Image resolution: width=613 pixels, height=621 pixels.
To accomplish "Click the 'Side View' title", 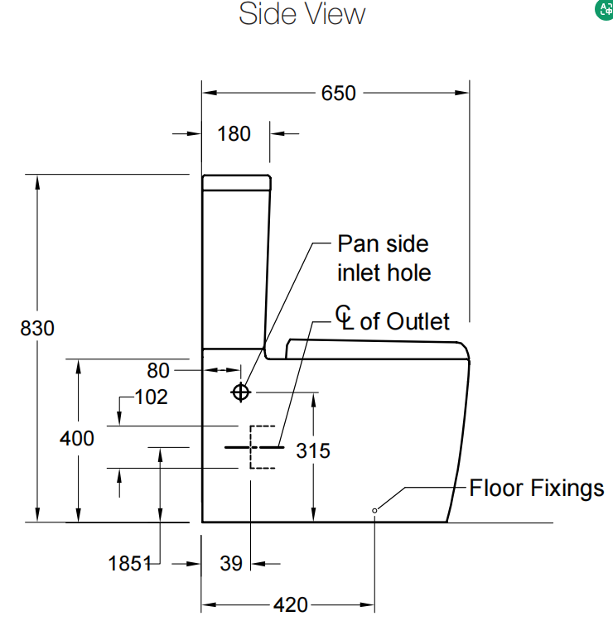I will click(302, 14).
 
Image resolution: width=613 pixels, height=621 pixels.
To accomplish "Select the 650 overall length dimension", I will click(338, 93).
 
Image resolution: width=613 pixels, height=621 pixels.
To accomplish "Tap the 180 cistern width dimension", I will click(234, 133).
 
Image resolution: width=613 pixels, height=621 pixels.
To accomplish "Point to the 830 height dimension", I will click(36, 328).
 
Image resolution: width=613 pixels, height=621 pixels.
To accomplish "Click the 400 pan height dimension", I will click(76, 438).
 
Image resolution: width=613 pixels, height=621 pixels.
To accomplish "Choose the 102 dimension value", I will click(151, 397).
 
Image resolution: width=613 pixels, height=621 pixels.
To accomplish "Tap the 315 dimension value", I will click(313, 450).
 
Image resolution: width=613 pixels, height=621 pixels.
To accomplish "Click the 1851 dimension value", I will click(131, 564).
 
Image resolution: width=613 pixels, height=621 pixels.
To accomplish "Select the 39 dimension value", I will click(232, 564).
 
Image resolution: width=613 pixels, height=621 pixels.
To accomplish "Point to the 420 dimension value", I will click(290, 605).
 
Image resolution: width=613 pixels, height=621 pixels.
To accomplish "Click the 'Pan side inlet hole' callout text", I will click(384, 258).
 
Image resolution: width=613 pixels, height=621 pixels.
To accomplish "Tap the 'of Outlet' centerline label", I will click(404, 321).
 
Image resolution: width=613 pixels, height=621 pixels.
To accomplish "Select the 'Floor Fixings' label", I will click(537, 488).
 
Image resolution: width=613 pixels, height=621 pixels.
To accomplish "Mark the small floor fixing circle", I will click(374, 510).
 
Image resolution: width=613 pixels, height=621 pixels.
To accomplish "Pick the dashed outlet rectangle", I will click(262, 447).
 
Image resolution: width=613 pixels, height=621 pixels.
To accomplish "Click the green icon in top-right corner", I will click(604, 10).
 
